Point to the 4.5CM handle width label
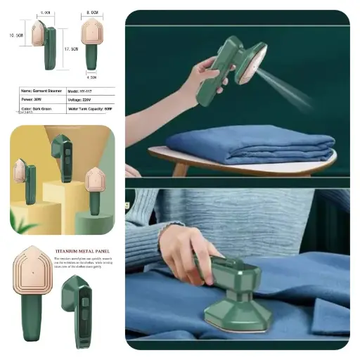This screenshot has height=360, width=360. pos(91,77)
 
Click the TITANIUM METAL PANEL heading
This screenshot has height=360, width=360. pos(87,247)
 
